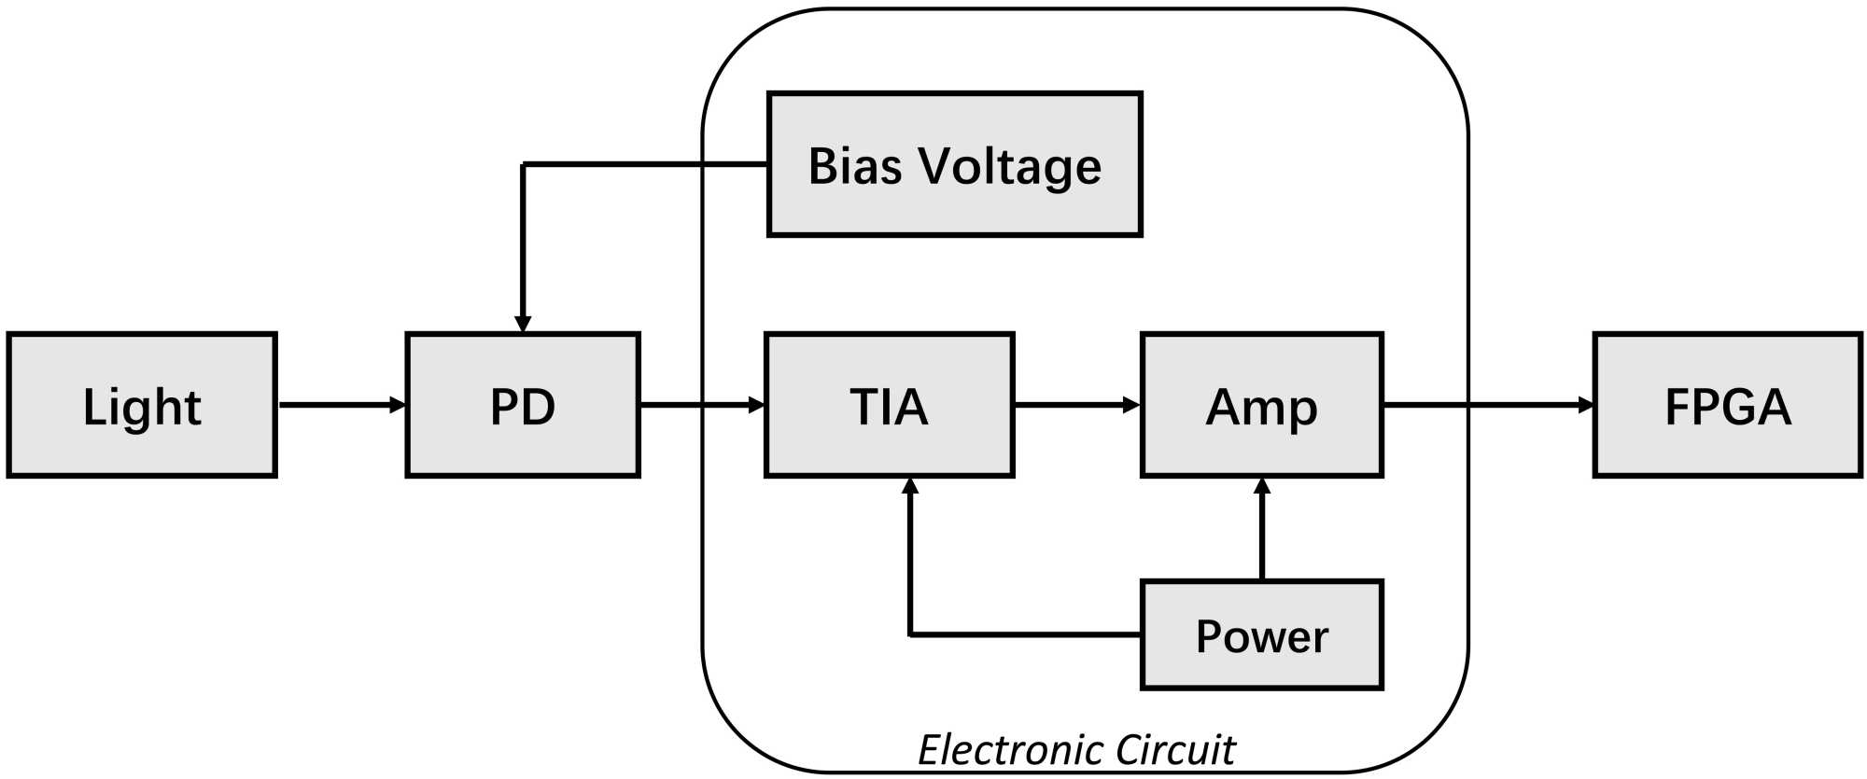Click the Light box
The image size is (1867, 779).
click(x=142, y=405)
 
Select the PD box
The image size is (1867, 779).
click(x=523, y=405)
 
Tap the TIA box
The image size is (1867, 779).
click(x=889, y=405)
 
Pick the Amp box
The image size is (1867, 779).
click(x=1261, y=405)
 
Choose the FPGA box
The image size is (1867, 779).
click(x=1727, y=405)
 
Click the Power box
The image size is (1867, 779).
click(x=1261, y=635)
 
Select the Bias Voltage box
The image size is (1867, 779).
click(x=954, y=164)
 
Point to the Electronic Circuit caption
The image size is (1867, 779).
click(x=1076, y=749)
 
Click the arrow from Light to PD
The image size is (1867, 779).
click(x=341, y=405)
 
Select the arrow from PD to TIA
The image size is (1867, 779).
click(x=701, y=405)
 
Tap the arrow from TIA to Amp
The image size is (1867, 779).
click(x=1076, y=405)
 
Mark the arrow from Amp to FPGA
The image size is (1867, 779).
click(x=1488, y=405)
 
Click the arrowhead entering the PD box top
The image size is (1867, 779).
click(x=523, y=324)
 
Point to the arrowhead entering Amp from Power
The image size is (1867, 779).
click(x=1262, y=486)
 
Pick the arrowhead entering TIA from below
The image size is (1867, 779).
click(x=910, y=486)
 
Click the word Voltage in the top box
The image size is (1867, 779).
click(x=1009, y=166)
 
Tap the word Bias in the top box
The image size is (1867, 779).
click(x=854, y=166)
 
